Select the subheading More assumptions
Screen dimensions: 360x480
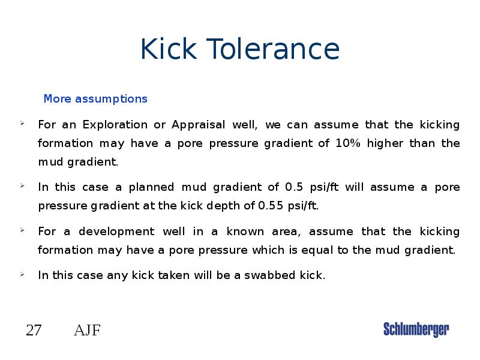[x=95, y=98]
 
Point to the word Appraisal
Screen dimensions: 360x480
[x=199, y=125]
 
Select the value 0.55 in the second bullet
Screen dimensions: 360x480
[x=271, y=206]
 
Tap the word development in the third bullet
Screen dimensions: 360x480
[x=112, y=232]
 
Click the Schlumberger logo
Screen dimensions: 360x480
[x=416, y=329]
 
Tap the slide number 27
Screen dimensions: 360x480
[x=34, y=330]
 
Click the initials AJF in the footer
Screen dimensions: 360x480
[x=87, y=330]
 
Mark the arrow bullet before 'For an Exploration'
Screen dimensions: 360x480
[x=22, y=124]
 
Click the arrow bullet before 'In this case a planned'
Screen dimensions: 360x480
[x=22, y=187]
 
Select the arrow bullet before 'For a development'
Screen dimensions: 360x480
[x=22, y=231]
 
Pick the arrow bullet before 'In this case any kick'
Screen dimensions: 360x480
[x=22, y=275]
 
